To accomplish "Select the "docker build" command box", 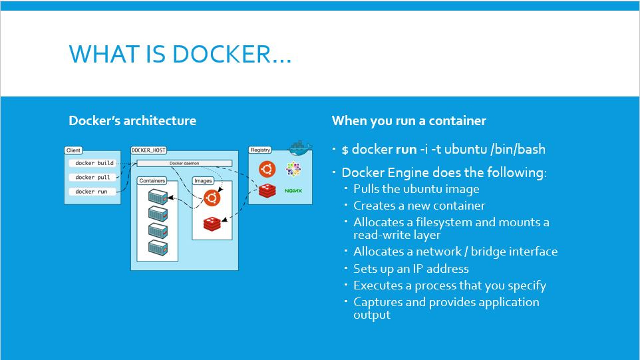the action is click(x=94, y=163).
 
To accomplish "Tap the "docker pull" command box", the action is click(x=92, y=178).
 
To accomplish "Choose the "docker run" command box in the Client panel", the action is click(x=91, y=192).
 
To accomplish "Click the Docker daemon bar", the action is click(x=184, y=163).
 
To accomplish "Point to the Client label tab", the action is click(x=73, y=151).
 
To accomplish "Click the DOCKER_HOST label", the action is click(x=148, y=151).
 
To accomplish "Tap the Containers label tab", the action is click(x=152, y=181).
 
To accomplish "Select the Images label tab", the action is click(x=203, y=181).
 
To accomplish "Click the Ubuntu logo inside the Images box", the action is click(x=212, y=198).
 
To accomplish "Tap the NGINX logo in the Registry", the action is click(x=293, y=191).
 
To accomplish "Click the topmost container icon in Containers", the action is click(x=158, y=197).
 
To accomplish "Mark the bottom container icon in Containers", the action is click(x=158, y=248).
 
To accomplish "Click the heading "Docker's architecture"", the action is click(x=132, y=121).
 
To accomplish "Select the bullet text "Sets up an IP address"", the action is click(x=411, y=269).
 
